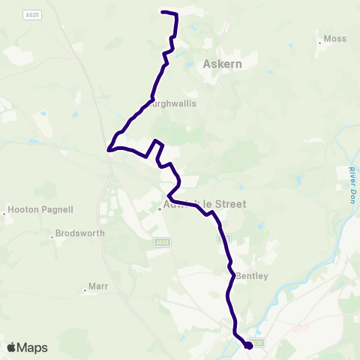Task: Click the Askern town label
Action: coord(222,64)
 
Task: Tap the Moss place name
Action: coord(334,38)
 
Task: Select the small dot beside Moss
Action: coord(319,43)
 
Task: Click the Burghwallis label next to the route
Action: coord(174,103)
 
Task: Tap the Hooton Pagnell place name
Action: coord(36,210)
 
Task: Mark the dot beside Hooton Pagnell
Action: coord(4,214)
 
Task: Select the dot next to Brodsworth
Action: coord(53,238)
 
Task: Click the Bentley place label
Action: coord(252,276)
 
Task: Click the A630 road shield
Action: coord(258,343)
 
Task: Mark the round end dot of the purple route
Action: coord(248,345)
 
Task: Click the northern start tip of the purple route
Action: coord(163,12)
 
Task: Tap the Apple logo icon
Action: coord(11,348)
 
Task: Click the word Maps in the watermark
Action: coord(32,348)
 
